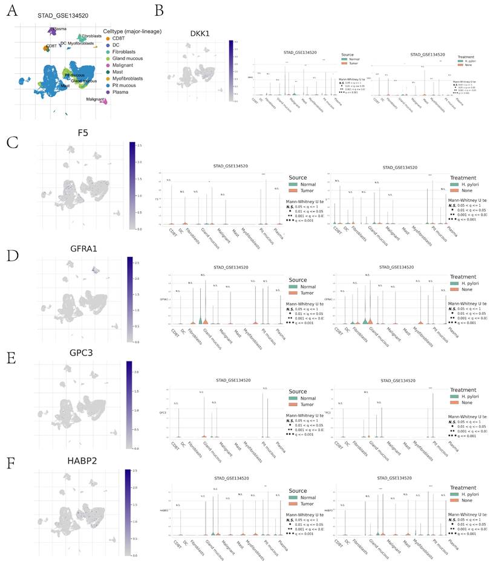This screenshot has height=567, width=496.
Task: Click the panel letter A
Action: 11,11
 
